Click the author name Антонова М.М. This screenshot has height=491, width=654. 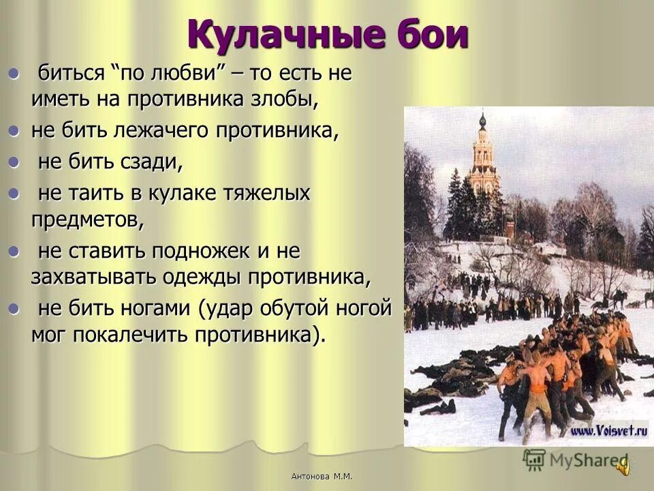326,476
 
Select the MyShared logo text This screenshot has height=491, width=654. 586,460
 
